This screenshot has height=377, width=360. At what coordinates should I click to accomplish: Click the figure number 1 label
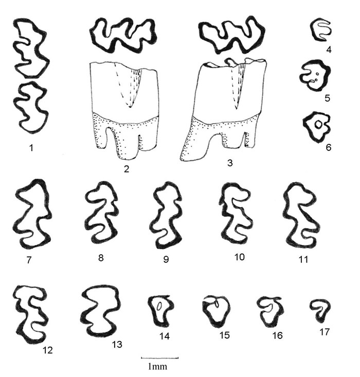coord(31,148)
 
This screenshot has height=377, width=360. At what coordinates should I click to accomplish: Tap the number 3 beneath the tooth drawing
coord(230,163)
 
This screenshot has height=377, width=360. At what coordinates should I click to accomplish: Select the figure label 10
coord(239,257)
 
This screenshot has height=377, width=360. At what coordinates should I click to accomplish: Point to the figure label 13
coord(117,344)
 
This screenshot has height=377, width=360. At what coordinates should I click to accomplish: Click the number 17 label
coord(324,332)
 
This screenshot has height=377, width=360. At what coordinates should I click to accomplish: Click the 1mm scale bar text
coord(157,366)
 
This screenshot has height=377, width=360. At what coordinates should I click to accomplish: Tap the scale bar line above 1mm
coord(159,358)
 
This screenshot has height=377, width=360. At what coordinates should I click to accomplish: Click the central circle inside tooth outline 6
coord(318,124)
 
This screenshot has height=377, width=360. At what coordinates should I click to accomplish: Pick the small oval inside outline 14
coord(159,306)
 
